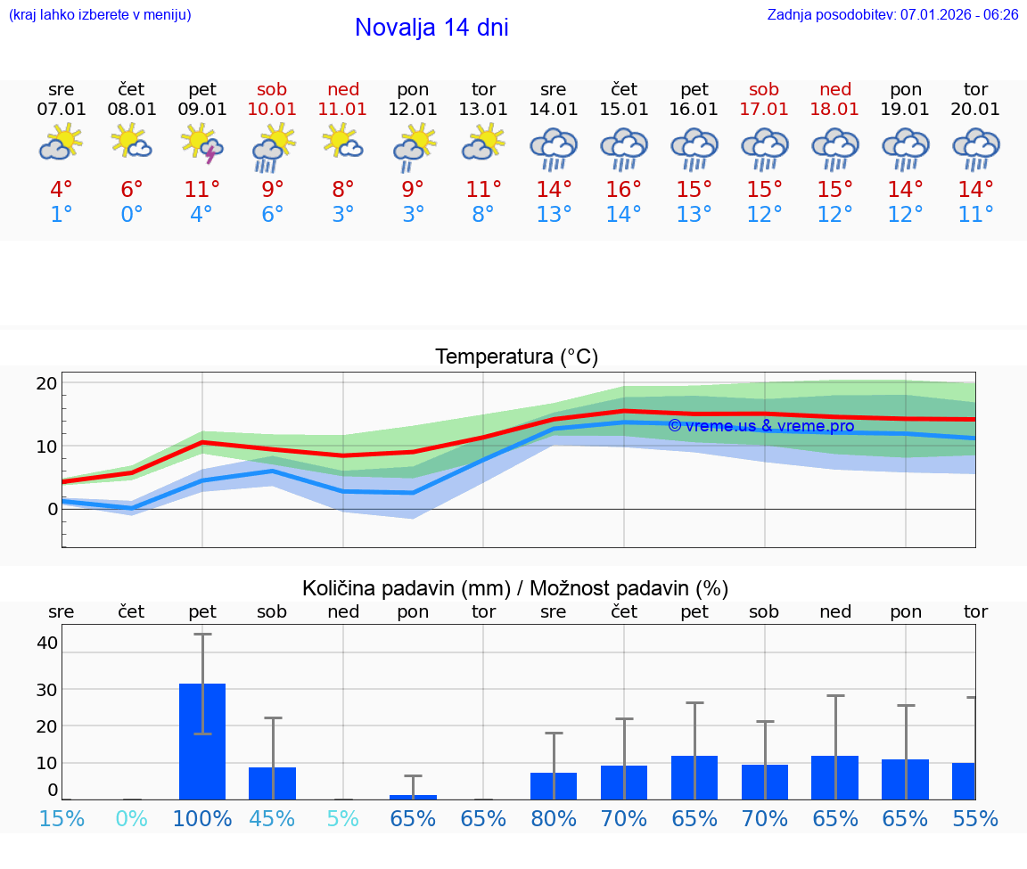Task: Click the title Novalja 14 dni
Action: coord(431,28)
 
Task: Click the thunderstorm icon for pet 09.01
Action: coord(201,145)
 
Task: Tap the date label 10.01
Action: coord(273,110)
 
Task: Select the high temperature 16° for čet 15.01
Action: coord(623,190)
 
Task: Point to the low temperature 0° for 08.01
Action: coord(132,215)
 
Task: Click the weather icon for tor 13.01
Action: coord(483,143)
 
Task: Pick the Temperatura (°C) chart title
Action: coord(516,357)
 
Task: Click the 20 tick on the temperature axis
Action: coord(47,383)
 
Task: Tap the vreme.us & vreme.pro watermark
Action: coord(760,426)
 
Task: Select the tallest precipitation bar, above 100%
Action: coord(202,741)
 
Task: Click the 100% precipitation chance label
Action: coord(202,818)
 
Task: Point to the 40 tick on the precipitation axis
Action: coord(47,643)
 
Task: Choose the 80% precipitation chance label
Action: coord(554,818)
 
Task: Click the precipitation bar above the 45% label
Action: coord(272,783)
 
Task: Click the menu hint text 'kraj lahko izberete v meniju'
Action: coord(100,15)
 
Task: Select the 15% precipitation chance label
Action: coord(62,818)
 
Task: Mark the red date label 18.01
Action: coord(835,110)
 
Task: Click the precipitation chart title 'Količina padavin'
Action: coord(515,588)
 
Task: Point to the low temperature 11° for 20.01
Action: coord(975,215)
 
